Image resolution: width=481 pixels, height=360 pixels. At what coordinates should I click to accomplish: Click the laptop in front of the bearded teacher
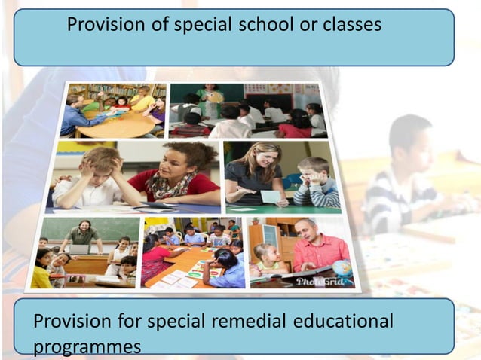tap(79, 249)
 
